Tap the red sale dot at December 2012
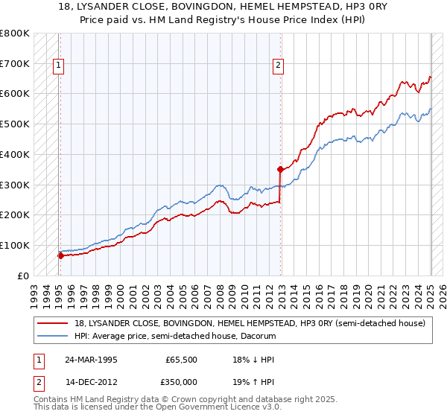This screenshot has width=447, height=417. click(280, 169)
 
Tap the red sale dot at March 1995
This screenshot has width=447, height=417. click(60, 255)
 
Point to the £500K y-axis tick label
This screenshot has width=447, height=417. click(15, 124)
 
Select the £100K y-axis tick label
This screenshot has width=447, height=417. click(15, 245)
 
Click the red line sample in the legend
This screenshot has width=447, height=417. click(53, 323)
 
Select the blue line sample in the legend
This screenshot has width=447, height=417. click(53, 336)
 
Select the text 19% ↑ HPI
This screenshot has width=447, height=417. click(254, 381)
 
